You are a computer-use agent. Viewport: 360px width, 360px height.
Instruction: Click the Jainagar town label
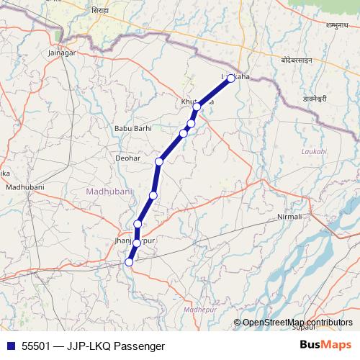pos(61,53)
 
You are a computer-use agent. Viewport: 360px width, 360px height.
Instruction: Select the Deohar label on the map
pos(127,157)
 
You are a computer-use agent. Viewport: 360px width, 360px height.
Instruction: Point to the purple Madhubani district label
pos(107,192)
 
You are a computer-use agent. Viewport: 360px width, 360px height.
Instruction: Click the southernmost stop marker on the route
pos(129,262)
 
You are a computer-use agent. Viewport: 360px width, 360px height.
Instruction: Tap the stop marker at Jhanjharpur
pos(137,243)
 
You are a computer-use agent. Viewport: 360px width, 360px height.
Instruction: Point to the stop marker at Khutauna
pos(196,107)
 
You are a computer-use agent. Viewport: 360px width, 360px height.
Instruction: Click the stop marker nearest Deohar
pos(159,161)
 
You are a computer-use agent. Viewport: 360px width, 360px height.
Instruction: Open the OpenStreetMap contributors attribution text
pos(297,323)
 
